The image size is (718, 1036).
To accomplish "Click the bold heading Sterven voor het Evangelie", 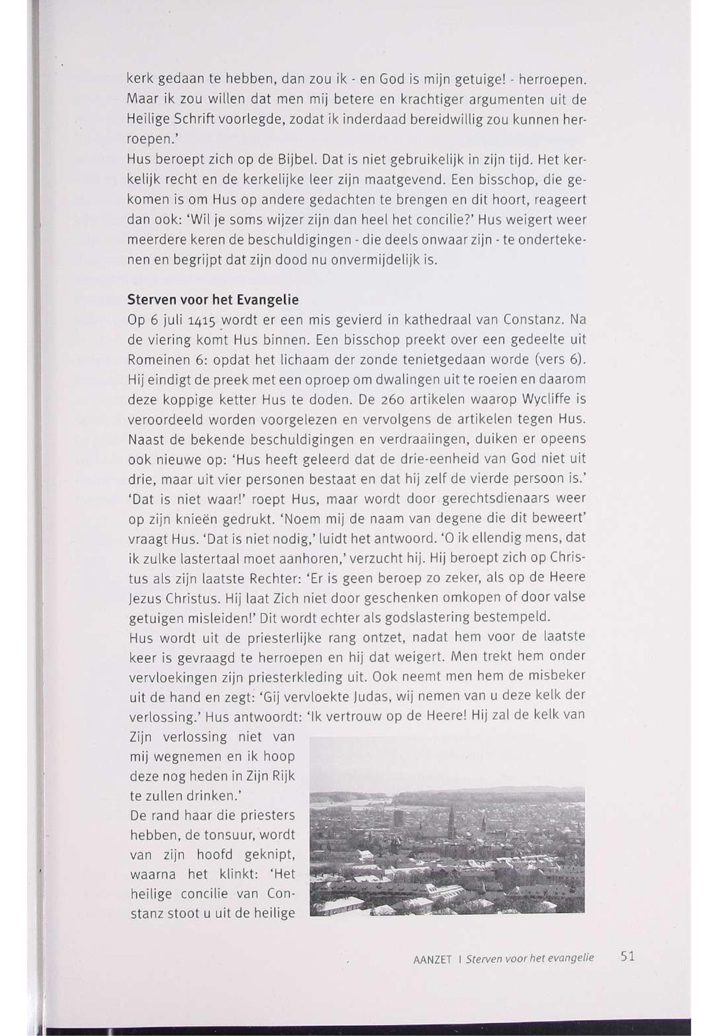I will (213, 300).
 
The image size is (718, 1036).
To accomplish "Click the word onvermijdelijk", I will (364, 260).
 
